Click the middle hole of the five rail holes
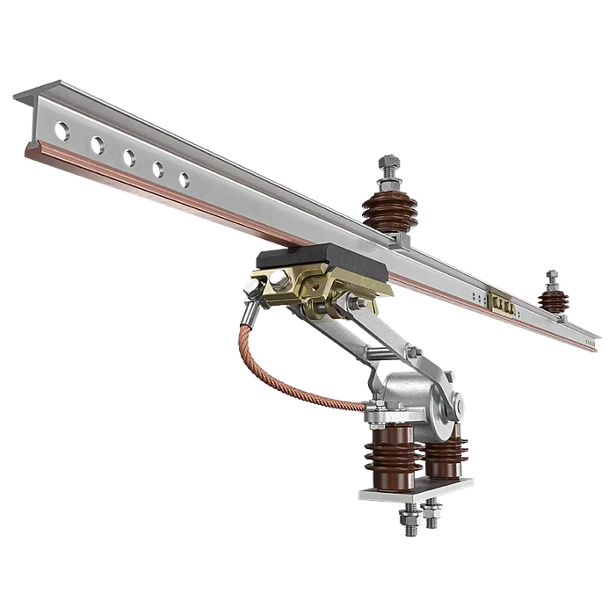(129, 156)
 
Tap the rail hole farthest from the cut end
(184, 179)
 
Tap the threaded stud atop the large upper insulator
(390, 166)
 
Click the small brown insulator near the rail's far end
(553, 299)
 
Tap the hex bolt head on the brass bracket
(277, 281)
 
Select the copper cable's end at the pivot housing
(362, 405)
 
